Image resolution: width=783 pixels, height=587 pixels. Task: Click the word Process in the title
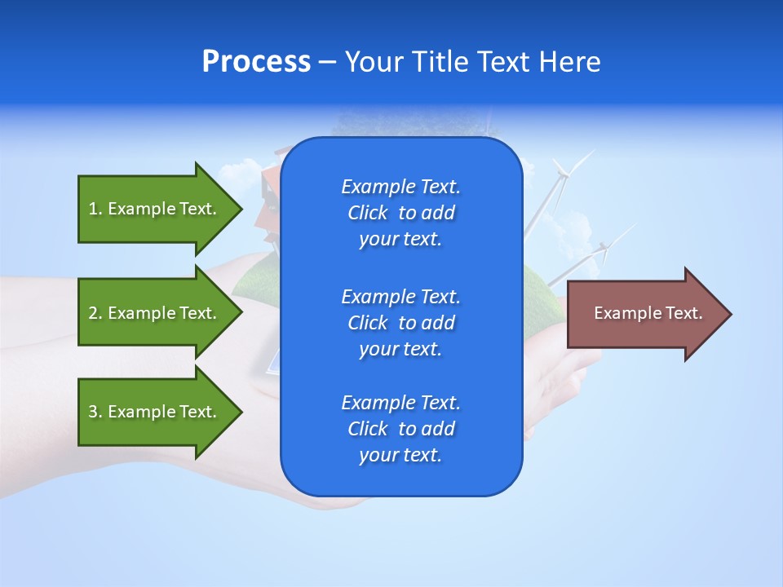click(x=256, y=62)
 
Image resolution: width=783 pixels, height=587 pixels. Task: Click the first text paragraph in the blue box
click(x=400, y=213)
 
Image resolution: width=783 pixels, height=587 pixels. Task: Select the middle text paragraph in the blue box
click(x=400, y=323)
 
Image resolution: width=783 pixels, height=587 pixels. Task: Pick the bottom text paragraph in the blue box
click(x=400, y=429)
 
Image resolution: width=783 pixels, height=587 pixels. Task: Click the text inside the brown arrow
click(x=648, y=313)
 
